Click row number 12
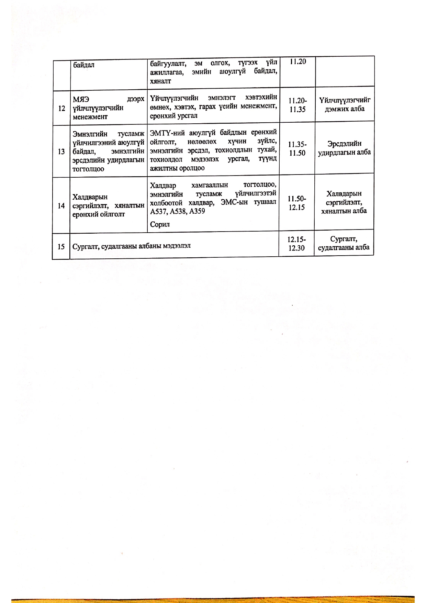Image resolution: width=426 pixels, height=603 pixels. pyautogui.click(x=62, y=108)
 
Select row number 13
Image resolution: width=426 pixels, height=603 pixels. pyautogui.click(x=61, y=152)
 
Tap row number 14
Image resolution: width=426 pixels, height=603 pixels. pyautogui.click(x=61, y=205)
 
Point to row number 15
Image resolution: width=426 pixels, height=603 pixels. pyautogui.click(x=61, y=246)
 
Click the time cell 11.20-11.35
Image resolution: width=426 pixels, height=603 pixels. pyautogui.click(x=298, y=105)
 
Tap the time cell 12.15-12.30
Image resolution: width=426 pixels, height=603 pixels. pyautogui.click(x=296, y=243)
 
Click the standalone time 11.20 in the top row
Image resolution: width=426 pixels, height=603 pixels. pyautogui.click(x=298, y=62)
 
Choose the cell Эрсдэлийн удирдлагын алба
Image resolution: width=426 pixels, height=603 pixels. pyautogui.click(x=344, y=148)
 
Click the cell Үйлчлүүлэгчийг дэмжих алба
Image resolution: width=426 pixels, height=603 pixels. pyautogui.click(x=345, y=104)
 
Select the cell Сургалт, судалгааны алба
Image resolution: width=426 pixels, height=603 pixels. pyautogui.click(x=344, y=243)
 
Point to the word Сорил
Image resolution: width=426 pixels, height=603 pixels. pyautogui.click(x=160, y=224)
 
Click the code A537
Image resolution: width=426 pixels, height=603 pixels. pyautogui.click(x=158, y=211)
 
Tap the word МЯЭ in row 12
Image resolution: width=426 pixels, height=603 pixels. pyautogui.click(x=81, y=99)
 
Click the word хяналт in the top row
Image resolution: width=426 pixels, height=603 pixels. pyautogui.click(x=160, y=81)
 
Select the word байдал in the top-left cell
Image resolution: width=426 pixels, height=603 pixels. pyautogui.click(x=83, y=65)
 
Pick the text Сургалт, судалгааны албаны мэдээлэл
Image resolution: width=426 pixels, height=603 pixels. pyautogui.click(x=132, y=246)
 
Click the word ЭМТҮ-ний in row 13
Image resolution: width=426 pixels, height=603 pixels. pyautogui.click(x=167, y=133)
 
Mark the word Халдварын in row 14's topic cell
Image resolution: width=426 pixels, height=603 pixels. pyautogui.click(x=90, y=197)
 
